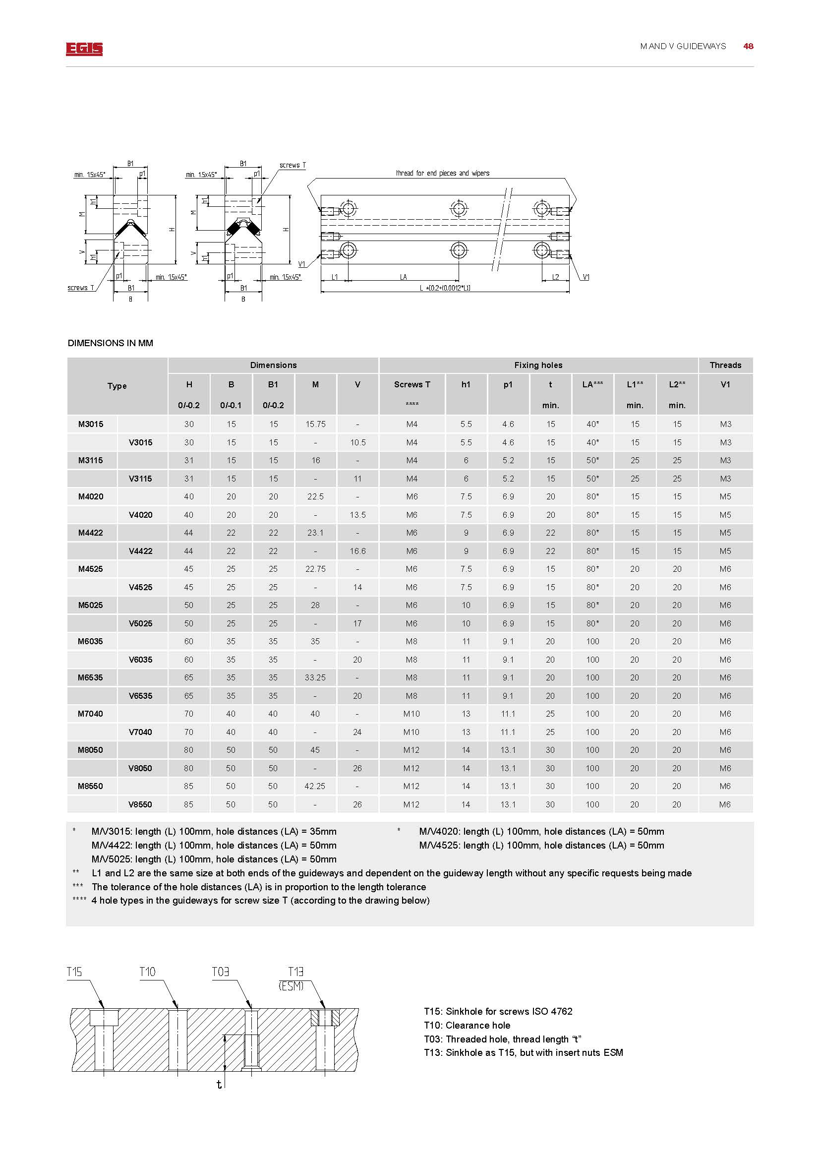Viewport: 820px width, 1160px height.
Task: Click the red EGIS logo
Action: [84, 49]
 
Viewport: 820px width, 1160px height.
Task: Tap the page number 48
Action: [748, 46]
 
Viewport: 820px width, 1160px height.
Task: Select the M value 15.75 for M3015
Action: [315, 424]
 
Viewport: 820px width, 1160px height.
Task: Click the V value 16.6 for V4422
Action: [357, 550]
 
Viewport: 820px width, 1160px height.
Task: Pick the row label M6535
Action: [90, 677]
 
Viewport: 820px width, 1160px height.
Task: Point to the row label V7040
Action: [140, 732]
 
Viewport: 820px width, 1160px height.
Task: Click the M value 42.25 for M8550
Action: [315, 786]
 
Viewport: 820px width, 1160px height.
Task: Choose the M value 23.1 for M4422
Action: [315, 533]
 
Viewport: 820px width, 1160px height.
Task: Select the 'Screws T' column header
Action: [412, 384]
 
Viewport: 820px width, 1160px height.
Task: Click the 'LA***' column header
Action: [592, 384]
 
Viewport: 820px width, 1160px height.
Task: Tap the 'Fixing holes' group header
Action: [538, 366]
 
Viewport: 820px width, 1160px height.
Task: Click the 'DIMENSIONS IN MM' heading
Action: [110, 343]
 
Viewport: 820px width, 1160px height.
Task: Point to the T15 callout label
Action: [74, 972]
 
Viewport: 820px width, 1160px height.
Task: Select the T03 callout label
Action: [220, 972]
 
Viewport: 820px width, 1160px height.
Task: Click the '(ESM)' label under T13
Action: [291, 986]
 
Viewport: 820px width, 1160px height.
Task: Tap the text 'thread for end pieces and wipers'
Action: [442, 173]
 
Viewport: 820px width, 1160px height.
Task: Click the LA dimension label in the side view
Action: [403, 277]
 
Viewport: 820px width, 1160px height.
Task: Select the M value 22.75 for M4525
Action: [315, 569]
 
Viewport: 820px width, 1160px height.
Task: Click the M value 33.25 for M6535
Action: [315, 677]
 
